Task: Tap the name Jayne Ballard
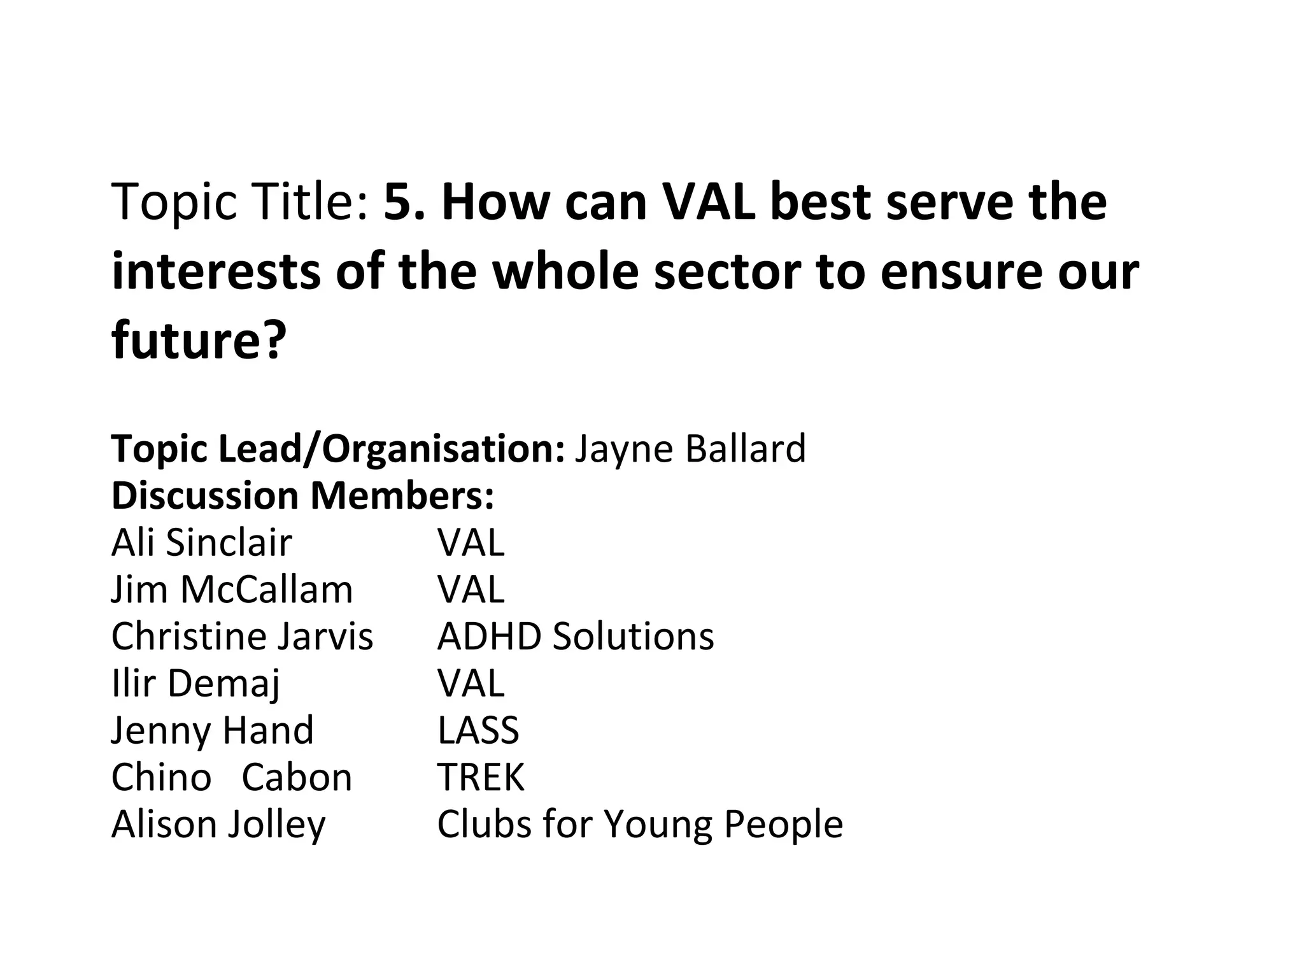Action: pyautogui.click(x=690, y=448)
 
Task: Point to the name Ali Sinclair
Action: pyautogui.click(x=201, y=542)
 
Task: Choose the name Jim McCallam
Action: pyautogui.click(x=232, y=589)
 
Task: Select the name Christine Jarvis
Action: pyautogui.click(x=242, y=636)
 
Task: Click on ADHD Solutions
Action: pyautogui.click(x=575, y=636)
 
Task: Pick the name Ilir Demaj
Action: pyautogui.click(x=195, y=683)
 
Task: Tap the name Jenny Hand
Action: pyautogui.click(x=212, y=730)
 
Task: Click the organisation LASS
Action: pyautogui.click(x=478, y=730)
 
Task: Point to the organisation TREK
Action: pyautogui.click(x=480, y=777)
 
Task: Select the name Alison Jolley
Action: pyautogui.click(x=218, y=824)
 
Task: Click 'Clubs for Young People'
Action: pyautogui.click(x=639, y=824)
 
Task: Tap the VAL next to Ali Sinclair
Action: pyautogui.click(x=471, y=542)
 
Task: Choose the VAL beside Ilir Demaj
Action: pyautogui.click(x=471, y=683)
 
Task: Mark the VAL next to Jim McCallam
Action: pyautogui.click(x=471, y=589)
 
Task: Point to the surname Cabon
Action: pyautogui.click(x=297, y=777)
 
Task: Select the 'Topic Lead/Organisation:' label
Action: pyautogui.click(x=338, y=448)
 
